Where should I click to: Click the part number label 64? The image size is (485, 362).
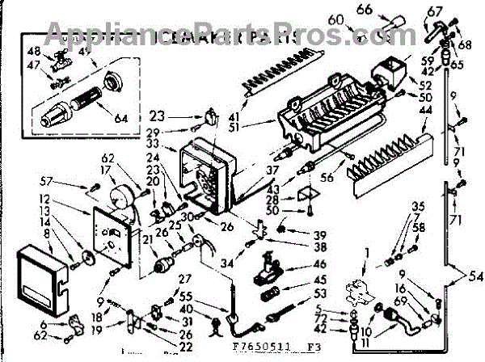pos(121,119)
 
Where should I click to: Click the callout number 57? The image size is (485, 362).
pos(47,183)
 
